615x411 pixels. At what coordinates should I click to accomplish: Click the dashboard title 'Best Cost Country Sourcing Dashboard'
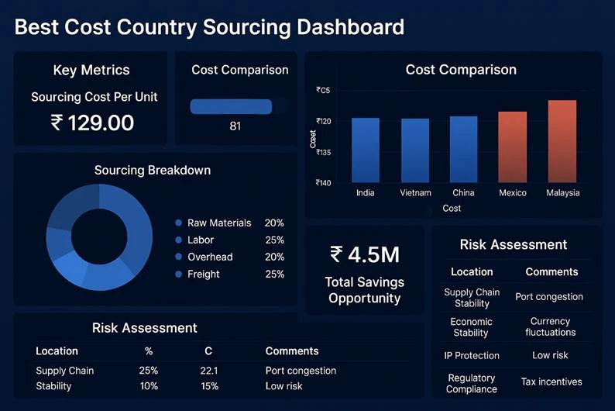[x=209, y=27]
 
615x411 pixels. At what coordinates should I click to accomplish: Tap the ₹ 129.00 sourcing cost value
[x=92, y=123]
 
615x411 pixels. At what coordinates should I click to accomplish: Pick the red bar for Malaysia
[x=562, y=141]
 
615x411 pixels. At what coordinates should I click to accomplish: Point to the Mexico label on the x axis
[x=512, y=192]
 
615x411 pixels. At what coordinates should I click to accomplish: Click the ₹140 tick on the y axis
[x=323, y=183]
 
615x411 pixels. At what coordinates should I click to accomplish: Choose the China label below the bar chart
[x=463, y=192]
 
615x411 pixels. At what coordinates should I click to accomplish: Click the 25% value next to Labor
[x=274, y=240]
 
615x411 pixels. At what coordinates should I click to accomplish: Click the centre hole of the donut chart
[x=99, y=237]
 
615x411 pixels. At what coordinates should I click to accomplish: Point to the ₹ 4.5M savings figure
[x=364, y=254]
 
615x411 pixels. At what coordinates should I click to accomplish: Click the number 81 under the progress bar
[x=235, y=126]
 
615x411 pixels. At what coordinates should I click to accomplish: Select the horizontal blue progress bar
[x=231, y=107]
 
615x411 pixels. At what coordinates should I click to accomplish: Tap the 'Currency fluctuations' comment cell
[x=550, y=326]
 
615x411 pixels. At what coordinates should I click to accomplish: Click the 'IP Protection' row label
[x=471, y=355]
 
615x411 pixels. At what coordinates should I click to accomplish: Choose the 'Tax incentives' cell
[x=551, y=382]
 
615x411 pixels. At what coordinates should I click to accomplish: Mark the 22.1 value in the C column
[x=209, y=371]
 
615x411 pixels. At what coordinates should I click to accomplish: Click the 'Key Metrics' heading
[x=91, y=71]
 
